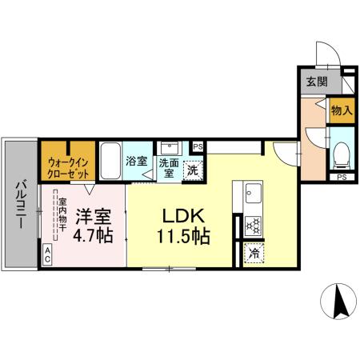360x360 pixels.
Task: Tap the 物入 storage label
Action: [x=338, y=112]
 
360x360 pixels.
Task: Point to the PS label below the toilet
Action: [x=341, y=177]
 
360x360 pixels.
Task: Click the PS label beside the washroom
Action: [x=198, y=147]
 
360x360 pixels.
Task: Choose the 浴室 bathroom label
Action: [x=136, y=161]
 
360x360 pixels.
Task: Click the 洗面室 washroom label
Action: [x=168, y=168]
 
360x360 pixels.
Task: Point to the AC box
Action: [x=47, y=255]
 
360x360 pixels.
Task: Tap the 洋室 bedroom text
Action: [x=93, y=217]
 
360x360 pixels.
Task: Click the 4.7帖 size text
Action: [x=94, y=237]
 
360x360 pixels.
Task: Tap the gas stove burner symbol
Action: [x=254, y=226]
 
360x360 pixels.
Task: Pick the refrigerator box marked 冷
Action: [x=254, y=254]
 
